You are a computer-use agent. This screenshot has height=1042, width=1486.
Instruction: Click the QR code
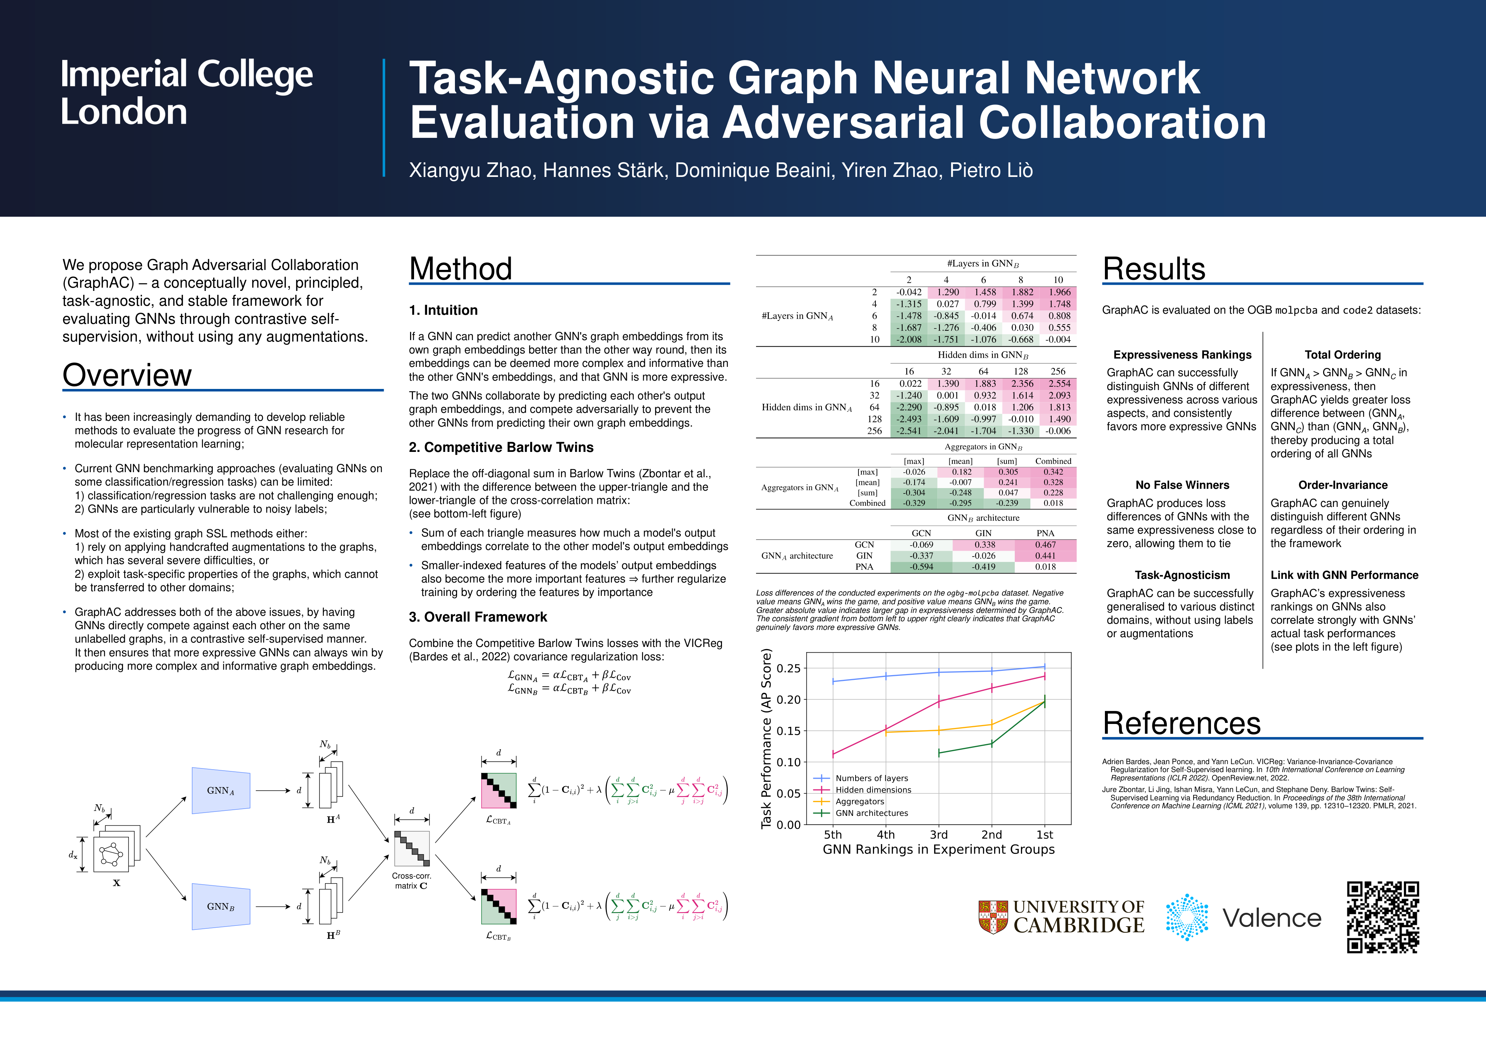point(1383,917)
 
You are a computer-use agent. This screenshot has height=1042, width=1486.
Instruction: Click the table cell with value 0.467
point(1045,544)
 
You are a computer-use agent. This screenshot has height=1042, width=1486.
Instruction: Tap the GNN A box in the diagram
point(221,790)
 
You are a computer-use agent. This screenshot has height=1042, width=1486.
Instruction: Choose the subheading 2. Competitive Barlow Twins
point(501,447)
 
